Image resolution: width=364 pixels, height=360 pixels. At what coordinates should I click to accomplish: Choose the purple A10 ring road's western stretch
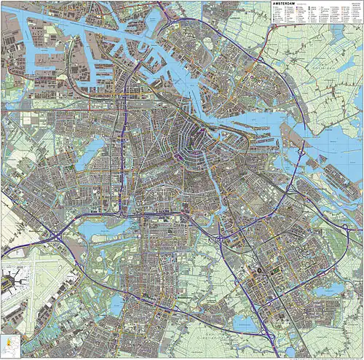click(x=124, y=146)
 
